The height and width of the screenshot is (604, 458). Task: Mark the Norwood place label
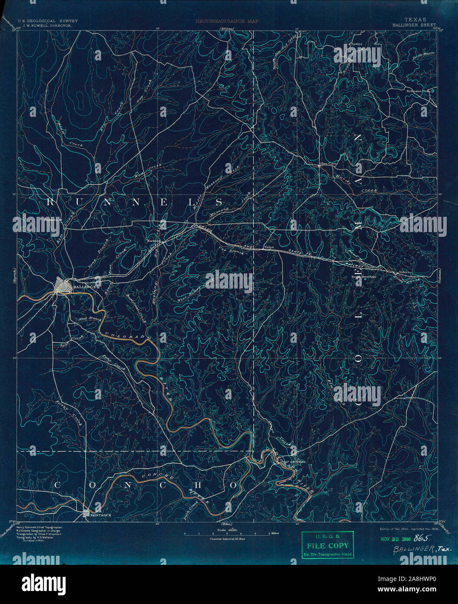(x=154, y=240)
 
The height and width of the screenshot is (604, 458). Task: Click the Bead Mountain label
(x=364, y=276)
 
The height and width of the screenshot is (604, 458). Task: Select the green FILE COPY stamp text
(x=328, y=546)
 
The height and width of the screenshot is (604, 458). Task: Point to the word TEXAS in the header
(x=415, y=20)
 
